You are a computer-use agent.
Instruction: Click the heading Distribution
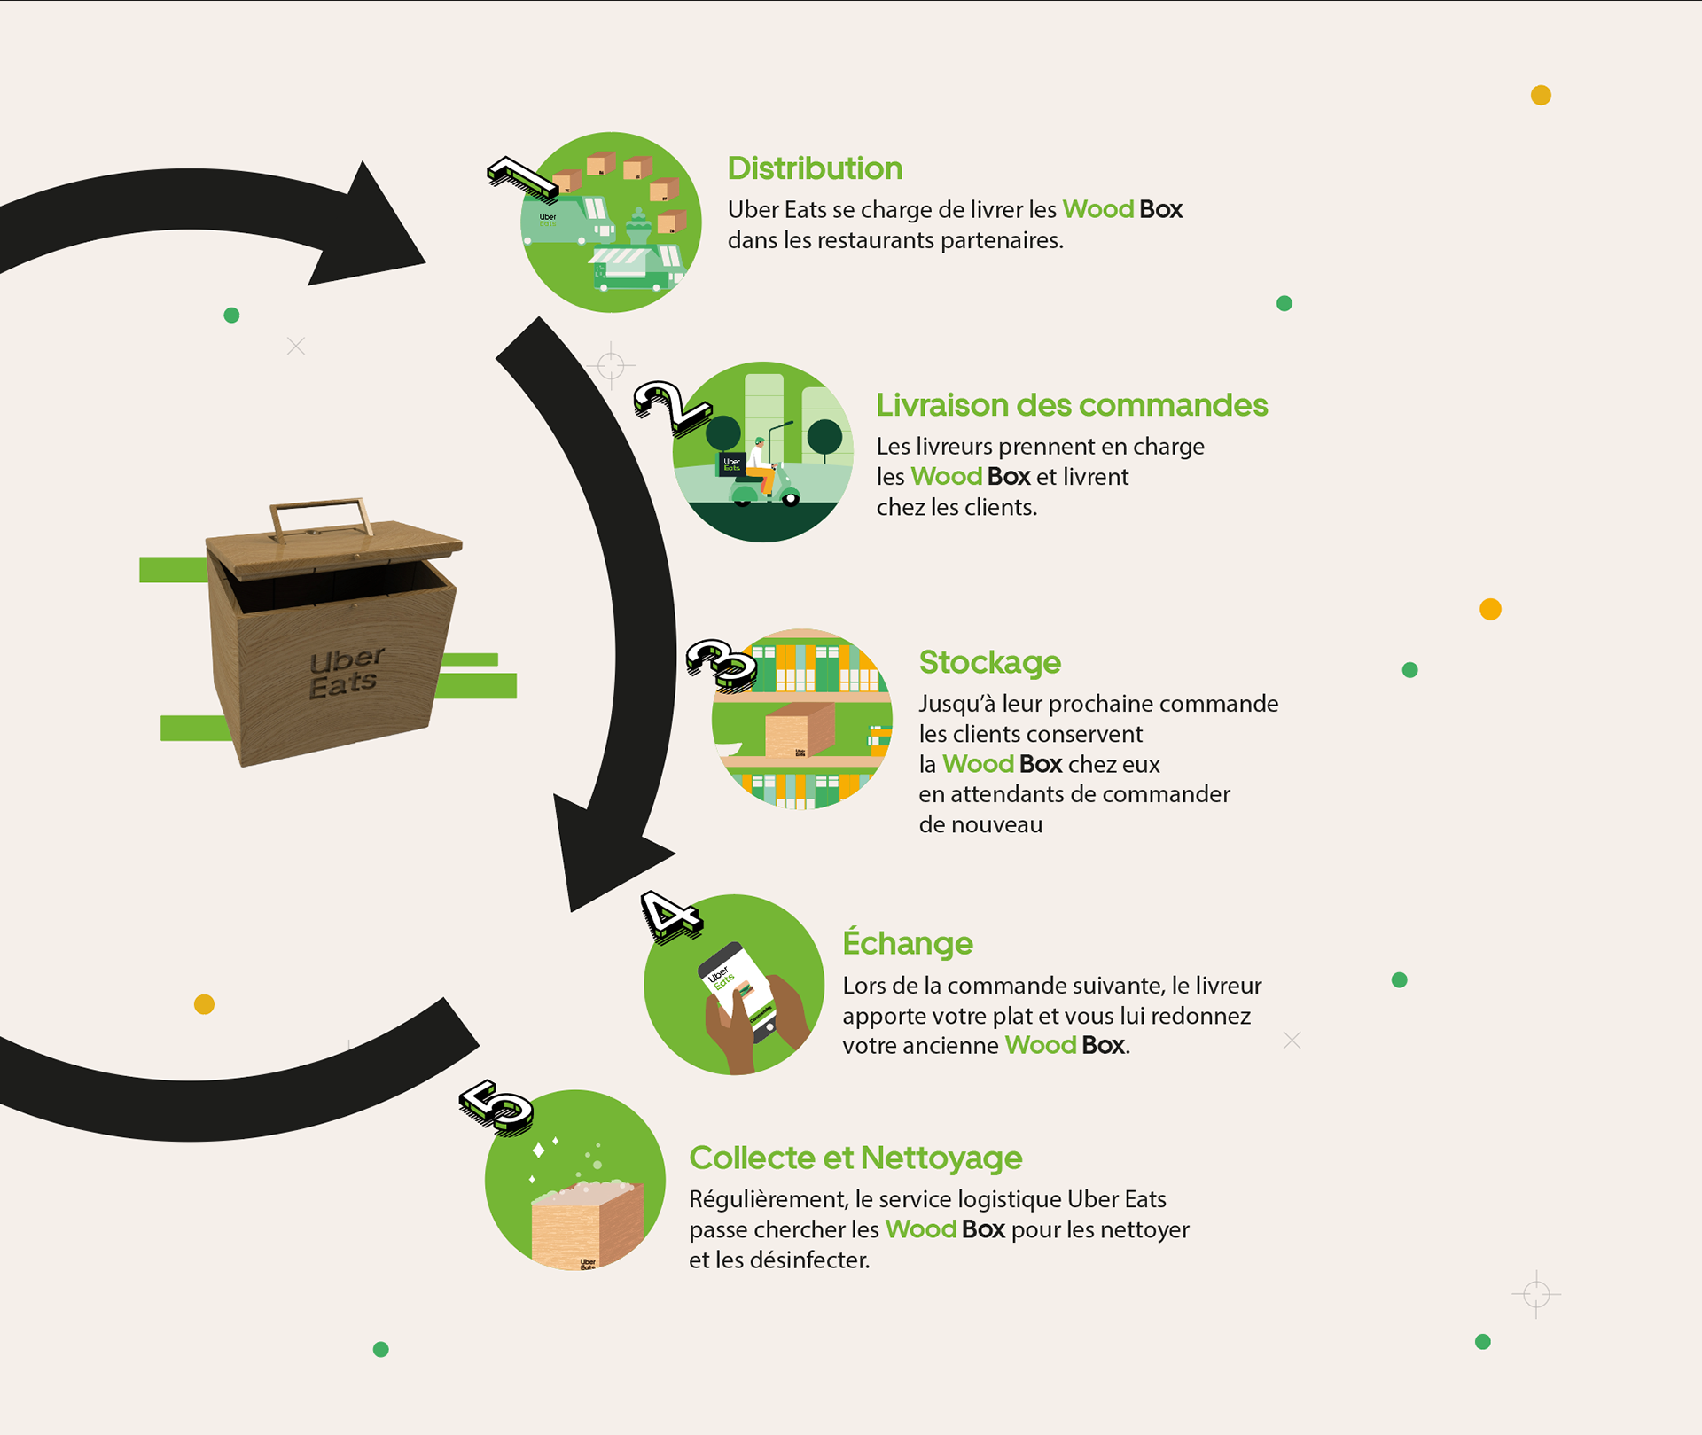tap(815, 168)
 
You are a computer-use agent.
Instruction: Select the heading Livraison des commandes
tap(1072, 405)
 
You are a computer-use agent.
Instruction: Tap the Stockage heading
tap(989, 662)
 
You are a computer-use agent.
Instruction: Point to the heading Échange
tap(907, 943)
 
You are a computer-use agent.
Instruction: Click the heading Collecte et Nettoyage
tap(855, 1158)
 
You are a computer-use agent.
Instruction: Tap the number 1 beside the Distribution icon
tap(524, 177)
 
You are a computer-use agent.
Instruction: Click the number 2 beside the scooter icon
tap(670, 407)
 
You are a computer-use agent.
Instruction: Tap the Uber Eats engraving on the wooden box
tap(345, 673)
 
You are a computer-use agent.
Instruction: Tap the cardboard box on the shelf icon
tap(800, 730)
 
